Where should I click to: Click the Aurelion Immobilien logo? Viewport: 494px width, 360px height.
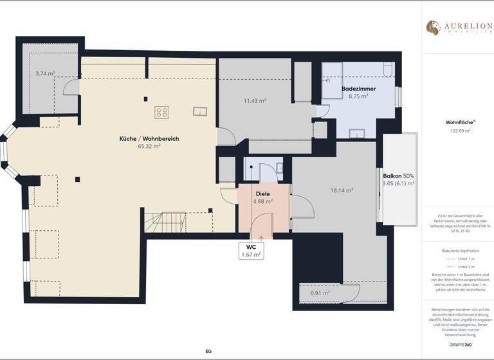coord(457,28)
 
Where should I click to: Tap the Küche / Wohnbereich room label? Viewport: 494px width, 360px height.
coord(149,139)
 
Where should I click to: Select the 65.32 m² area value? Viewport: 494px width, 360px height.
coord(149,147)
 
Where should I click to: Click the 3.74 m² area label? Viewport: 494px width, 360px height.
coord(46,74)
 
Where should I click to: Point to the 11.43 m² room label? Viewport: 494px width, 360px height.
coord(255,100)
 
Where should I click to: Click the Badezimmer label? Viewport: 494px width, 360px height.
coord(358,88)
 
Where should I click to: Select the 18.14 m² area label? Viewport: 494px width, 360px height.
coord(342,191)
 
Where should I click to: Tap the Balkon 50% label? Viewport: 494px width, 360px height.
coord(398,175)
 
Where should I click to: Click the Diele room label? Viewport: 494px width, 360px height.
coord(262,194)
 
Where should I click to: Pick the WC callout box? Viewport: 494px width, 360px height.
coord(251,251)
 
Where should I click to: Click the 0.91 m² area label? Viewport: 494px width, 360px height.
coord(320,293)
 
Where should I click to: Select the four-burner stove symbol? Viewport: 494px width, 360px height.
coord(161,113)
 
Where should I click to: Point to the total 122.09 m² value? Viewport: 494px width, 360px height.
coord(460,130)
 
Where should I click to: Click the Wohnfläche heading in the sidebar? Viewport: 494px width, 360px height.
coord(459,122)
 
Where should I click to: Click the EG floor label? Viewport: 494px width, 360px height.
coord(208,351)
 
